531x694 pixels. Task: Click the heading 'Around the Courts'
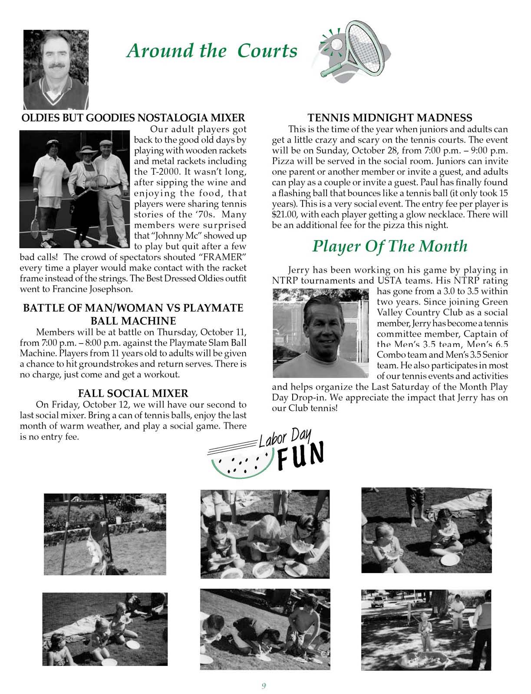211,51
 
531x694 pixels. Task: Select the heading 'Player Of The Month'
390,246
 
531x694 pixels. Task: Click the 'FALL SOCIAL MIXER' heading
133,393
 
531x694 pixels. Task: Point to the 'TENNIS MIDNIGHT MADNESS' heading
389,118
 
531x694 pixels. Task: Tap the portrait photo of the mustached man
56,69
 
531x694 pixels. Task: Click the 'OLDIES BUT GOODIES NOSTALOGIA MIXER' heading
133,118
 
